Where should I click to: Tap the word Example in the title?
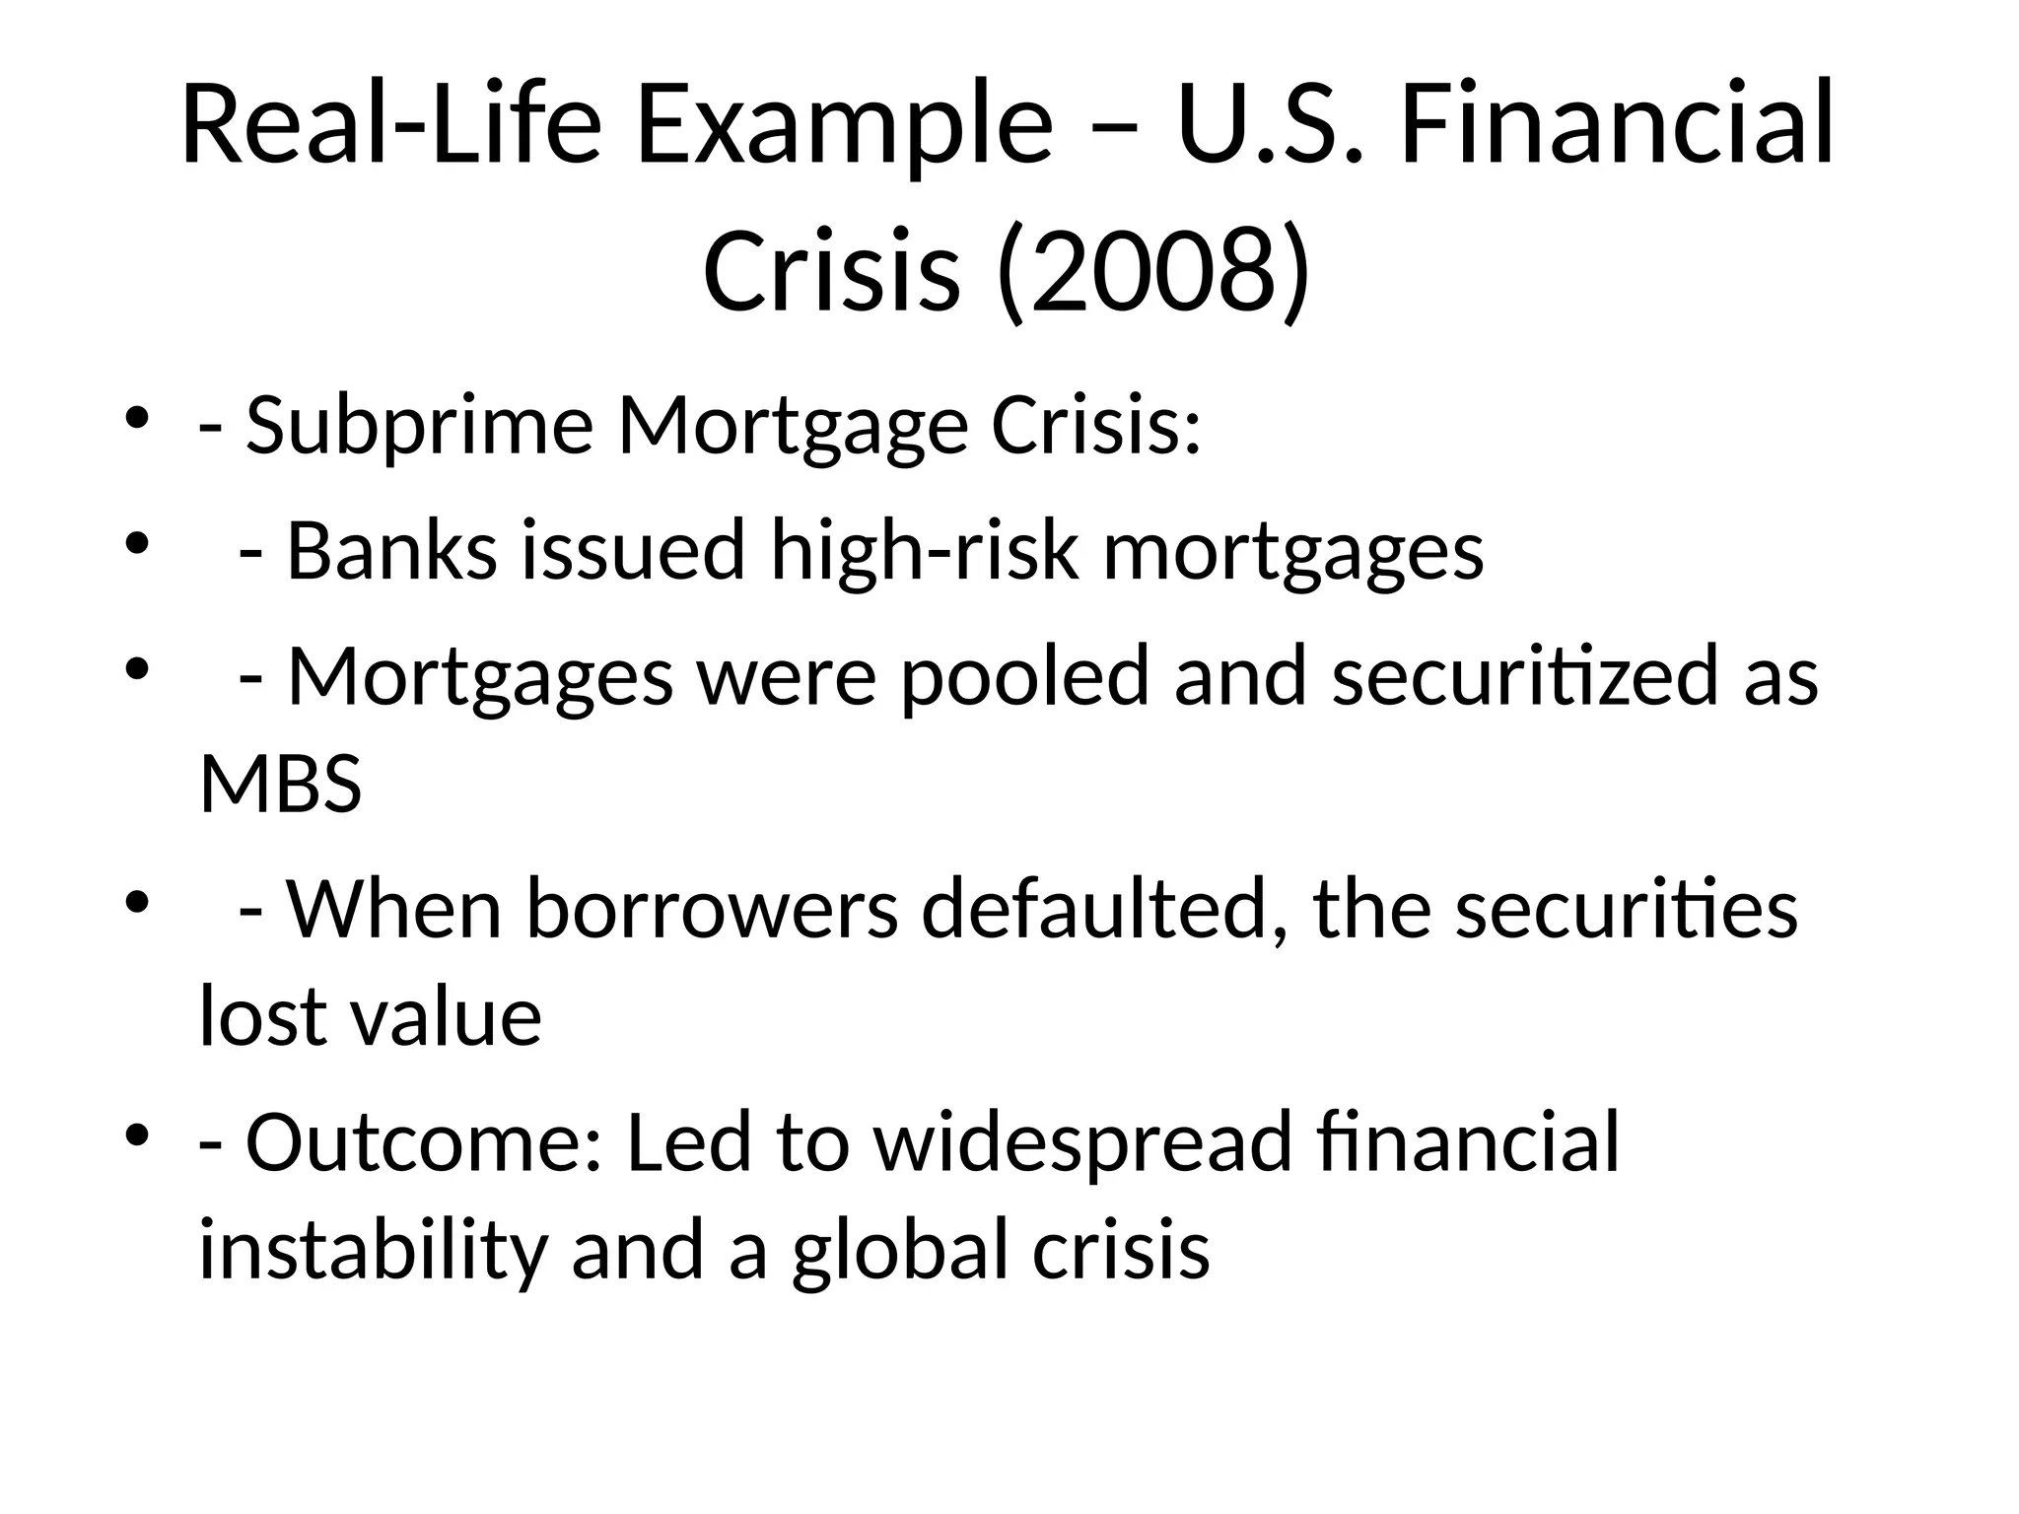tap(844, 126)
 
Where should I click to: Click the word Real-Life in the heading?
tap(390, 126)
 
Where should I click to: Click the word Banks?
tap(391, 551)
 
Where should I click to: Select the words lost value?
tap(370, 1016)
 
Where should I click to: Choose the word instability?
tap(372, 1249)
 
